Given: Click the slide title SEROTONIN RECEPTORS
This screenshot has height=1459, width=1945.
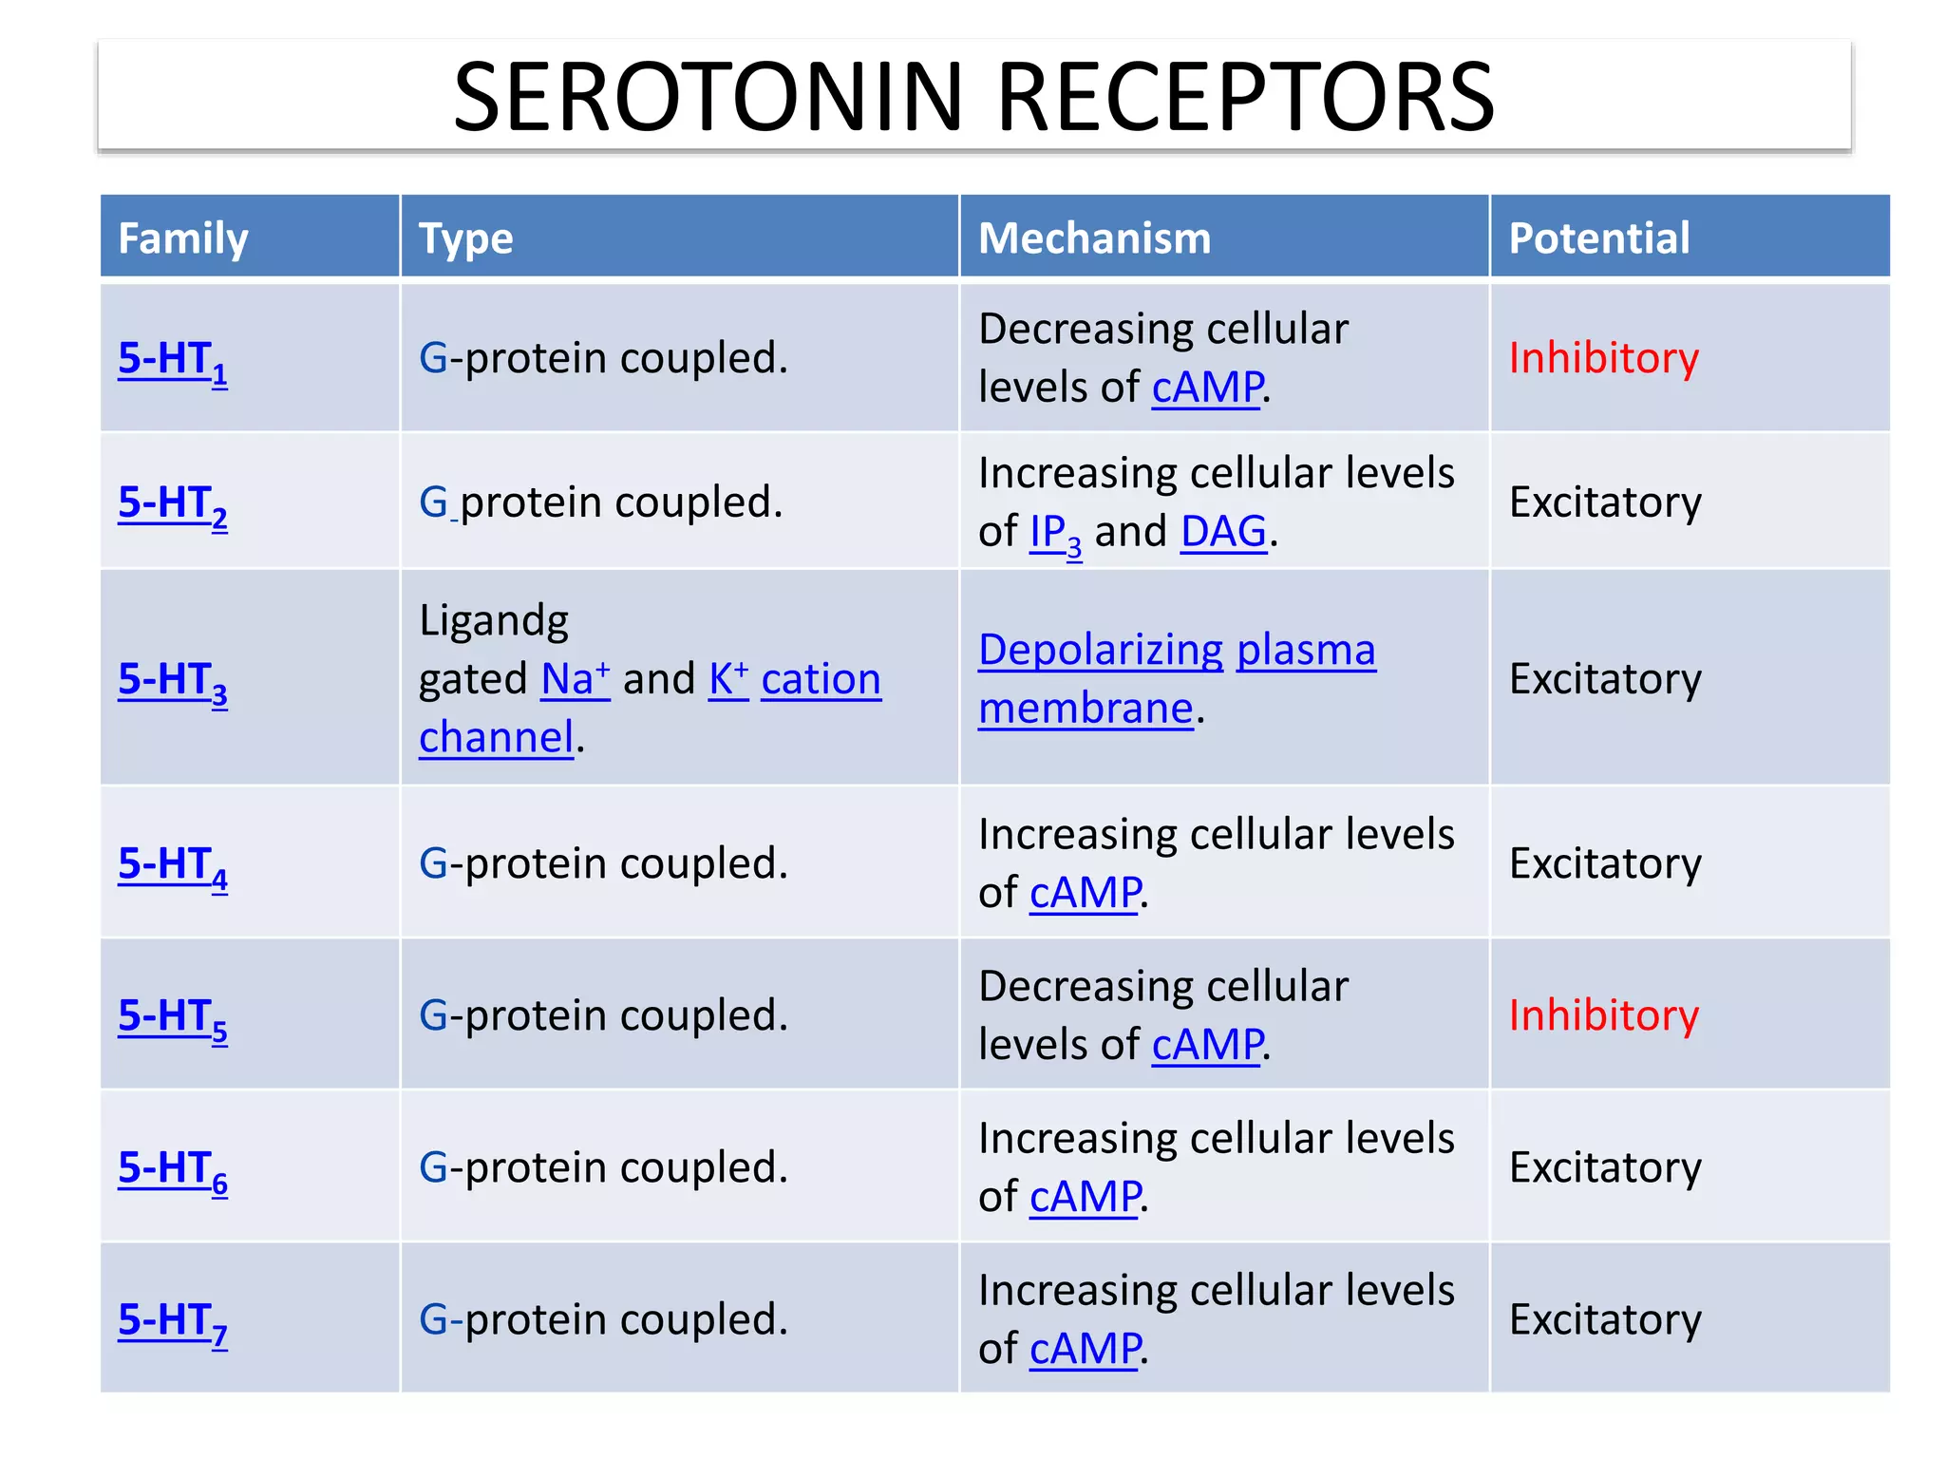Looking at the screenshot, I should coord(973,97).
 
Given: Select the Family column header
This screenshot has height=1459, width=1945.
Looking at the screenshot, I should coord(182,237).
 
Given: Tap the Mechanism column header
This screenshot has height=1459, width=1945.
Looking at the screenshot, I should coord(1094,237).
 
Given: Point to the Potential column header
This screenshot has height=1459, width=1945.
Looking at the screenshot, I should coord(1599,237).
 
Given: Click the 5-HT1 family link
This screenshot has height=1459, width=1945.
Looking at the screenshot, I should coord(172,361).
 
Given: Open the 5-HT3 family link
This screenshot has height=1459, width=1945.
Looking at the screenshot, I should coord(172,681).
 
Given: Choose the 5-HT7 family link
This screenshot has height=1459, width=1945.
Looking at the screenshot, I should coord(172,1321).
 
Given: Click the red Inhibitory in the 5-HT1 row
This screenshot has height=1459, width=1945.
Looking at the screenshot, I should coord(1603,358).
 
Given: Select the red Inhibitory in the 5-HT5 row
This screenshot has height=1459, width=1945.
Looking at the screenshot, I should coord(1603,1015).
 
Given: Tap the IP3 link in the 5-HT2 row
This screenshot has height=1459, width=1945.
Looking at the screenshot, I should coord(1055,534).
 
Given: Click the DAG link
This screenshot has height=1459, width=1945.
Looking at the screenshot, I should coord(1223,532).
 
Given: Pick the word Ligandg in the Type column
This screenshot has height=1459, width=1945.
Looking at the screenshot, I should coord(494,621).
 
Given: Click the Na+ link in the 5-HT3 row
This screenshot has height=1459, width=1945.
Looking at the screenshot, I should coord(575,679).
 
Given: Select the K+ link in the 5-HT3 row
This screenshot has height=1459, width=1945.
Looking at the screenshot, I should coord(728,679).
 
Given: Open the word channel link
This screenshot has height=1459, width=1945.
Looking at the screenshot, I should coord(497,737).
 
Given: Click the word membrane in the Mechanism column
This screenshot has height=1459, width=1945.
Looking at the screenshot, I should coord(1086,709).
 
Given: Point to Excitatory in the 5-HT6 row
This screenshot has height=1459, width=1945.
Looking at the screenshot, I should coord(1605,1167).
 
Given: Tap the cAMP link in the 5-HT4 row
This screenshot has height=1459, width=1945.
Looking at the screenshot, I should coord(1085,893).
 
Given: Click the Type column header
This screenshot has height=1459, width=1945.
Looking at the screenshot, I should coord(465,237).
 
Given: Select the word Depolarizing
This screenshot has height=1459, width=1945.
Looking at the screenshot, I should coord(1100,651).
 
